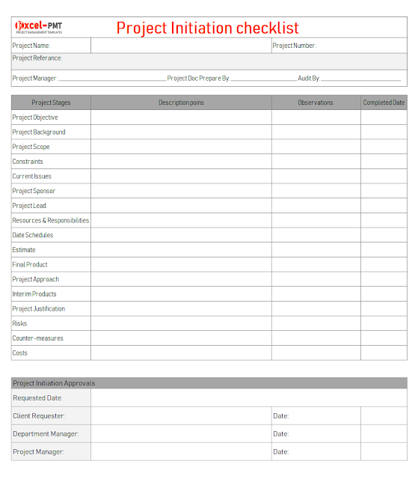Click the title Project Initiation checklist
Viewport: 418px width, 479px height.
[x=207, y=28]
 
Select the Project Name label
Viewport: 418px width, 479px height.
[x=31, y=46]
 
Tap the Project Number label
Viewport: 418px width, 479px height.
[x=294, y=46]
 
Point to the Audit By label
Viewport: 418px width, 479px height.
[x=309, y=78]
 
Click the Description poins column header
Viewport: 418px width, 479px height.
[x=181, y=103]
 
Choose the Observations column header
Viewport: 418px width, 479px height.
[x=316, y=103]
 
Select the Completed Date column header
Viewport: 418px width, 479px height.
[x=384, y=103]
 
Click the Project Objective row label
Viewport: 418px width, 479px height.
[x=35, y=118]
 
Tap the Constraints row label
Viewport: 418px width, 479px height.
[x=28, y=162]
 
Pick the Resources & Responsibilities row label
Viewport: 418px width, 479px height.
[x=51, y=220]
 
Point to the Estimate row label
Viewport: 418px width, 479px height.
[x=24, y=250]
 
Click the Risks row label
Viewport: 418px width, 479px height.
[x=19, y=323]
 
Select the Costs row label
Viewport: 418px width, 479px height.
[x=20, y=353]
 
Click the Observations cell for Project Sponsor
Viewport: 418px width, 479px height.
[x=316, y=191]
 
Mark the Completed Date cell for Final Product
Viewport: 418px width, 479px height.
[x=384, y=264]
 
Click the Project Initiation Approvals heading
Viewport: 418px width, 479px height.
[x=54, y=383]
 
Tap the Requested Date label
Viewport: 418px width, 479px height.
[x=38, y=398]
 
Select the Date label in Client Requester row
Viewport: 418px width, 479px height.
[x=280, y=416]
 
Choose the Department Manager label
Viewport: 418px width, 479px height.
[x=46, y=434]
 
